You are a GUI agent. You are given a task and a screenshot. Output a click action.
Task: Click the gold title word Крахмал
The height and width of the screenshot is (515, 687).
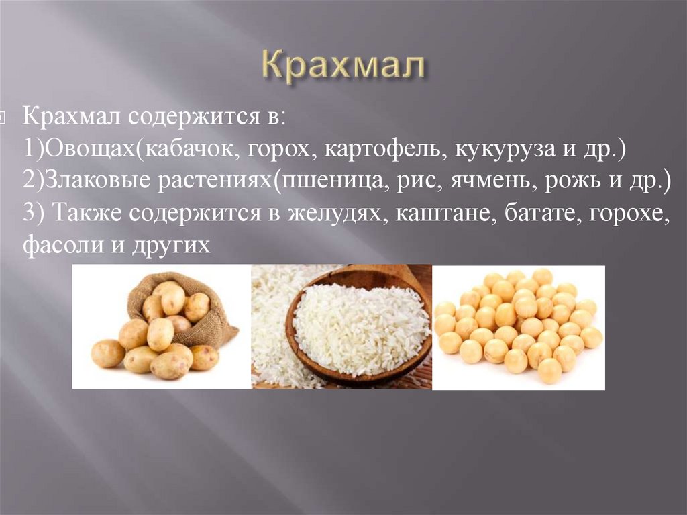pos(344,68)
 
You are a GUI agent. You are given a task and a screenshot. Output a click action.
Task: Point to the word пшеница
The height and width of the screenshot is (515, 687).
pos(331,183)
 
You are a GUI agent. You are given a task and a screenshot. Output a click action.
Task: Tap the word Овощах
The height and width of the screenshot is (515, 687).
pos(91,150)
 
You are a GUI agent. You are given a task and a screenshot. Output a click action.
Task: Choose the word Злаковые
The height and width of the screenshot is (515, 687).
pos(98,181)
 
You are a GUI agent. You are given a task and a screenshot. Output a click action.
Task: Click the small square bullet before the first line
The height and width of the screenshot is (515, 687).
pos(2,118)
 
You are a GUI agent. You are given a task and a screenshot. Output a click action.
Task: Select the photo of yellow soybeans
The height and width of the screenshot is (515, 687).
pos(519,327)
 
